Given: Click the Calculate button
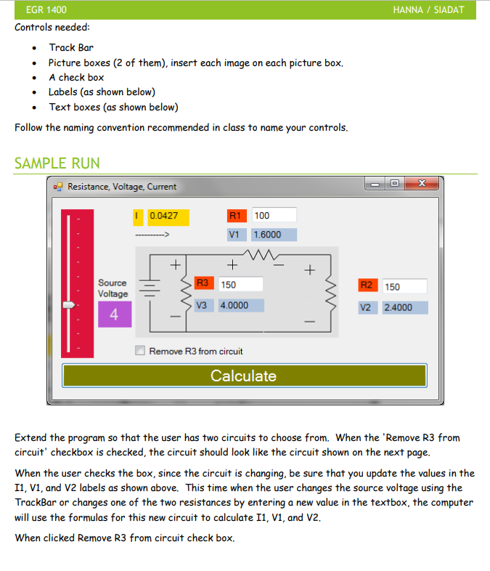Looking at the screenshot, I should click(244, 376).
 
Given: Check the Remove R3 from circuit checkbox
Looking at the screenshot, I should click(141, 351).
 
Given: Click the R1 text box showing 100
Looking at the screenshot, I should click(274, 215).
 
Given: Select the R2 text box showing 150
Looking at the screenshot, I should click(404, 287).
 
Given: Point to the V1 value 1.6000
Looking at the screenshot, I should click(274, 235).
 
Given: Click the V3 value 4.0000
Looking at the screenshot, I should click(241, 305).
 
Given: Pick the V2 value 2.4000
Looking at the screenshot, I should click(405, 307).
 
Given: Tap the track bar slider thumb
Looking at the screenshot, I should click(69, 306).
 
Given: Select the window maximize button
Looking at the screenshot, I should click(395, 185).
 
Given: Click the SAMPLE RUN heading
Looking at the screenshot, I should click(57, 163).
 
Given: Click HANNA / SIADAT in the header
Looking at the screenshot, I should click(428, 10).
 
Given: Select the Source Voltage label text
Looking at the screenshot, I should click(113, 288).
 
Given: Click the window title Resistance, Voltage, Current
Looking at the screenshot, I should click(122, 187).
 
